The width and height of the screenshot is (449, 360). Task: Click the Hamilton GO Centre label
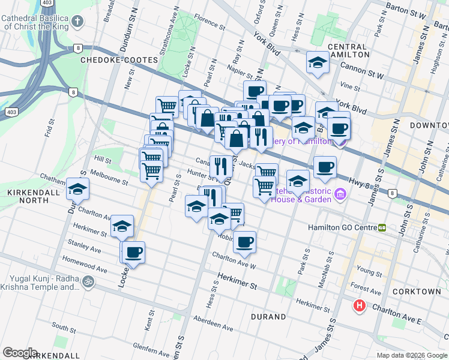click(x=342, y=228)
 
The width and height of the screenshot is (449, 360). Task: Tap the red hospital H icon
click(x=360, y=306)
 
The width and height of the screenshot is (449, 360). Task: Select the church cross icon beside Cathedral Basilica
click(x=77, y=22)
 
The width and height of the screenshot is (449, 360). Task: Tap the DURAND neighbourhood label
click(x=269, y=316)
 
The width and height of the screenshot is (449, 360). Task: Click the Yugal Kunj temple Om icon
click(x=88, y=280)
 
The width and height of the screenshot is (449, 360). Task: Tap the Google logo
click(x=19, y=353)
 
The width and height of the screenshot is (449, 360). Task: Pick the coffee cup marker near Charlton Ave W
click(x=244, y=242)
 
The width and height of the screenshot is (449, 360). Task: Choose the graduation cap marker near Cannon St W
click(x=316, y=62)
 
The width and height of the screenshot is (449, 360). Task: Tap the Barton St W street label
click(x=405, y=10)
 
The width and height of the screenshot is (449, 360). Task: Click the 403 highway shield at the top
click(x=46, y=3)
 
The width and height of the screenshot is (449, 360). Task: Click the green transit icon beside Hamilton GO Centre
click(x=382, y=228)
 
